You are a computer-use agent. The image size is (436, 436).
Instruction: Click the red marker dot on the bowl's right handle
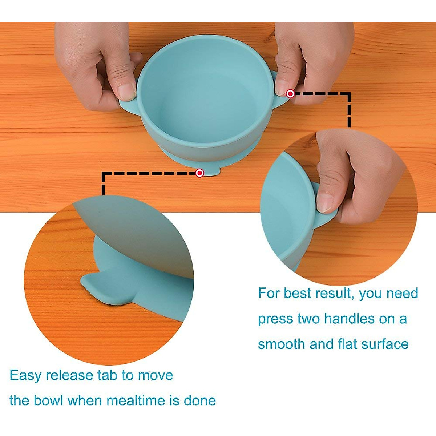290,94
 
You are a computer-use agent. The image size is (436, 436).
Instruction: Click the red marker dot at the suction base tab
199,173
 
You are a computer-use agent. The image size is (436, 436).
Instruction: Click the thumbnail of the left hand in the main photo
126,91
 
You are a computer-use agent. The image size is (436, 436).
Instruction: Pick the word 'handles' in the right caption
349,319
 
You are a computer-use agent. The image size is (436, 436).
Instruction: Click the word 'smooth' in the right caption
282,344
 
